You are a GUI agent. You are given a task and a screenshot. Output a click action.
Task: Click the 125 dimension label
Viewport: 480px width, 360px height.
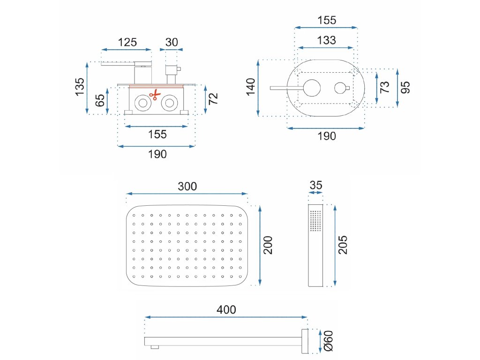click(x=127, y=42)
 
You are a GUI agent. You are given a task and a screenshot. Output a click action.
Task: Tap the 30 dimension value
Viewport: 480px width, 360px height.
click(x=172, y=42)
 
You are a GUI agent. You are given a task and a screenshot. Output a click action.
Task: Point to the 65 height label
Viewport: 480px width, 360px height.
click(x=100, y=100)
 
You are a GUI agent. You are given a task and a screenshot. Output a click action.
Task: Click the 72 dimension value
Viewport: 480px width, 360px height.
click(x=213, y=99)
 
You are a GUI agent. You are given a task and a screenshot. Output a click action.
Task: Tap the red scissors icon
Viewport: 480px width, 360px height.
click(x=153, y=95)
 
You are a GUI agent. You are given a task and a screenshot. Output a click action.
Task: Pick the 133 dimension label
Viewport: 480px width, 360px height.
click(x=326, y=40)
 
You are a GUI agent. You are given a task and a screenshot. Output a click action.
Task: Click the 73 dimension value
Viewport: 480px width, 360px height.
click(x=384, y=87)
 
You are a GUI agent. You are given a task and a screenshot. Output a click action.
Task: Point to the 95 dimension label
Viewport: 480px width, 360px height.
click(x=405, y=87)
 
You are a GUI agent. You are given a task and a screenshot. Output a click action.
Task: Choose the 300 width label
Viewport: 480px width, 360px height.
click(x=187, y=186)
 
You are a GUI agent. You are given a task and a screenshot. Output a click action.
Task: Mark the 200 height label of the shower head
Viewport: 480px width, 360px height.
click(x=268, y=245)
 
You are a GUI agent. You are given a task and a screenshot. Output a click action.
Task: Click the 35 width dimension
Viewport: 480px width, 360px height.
click(x=316, y=185)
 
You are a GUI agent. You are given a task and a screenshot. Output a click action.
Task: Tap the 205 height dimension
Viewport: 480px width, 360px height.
click(x=343, y=245)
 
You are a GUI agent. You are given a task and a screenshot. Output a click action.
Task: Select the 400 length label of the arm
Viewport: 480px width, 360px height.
click(x=226, y=310)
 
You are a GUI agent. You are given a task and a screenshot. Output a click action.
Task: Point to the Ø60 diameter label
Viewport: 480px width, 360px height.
click(x=329, y=341)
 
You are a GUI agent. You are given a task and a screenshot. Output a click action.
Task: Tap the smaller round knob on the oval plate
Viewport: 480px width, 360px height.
click(x=340, y=88)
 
